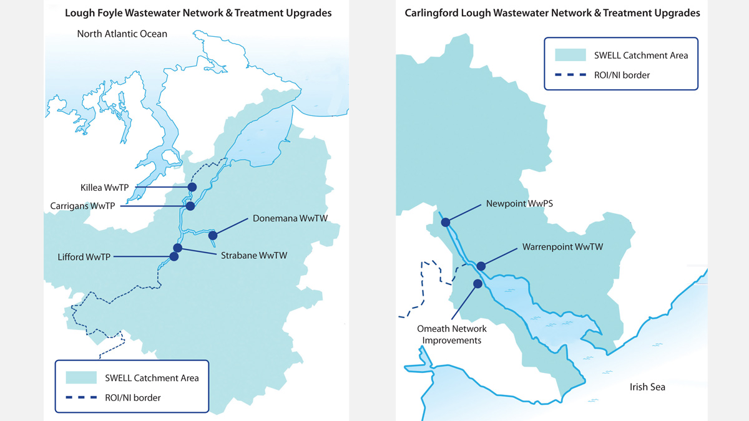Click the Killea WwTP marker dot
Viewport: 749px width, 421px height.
pyautogui.click(x=192, y=186)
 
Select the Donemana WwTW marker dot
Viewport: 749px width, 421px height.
pyautogui.click(x=213, y=235)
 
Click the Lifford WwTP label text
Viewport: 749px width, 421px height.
pyautogui.click(x=84, y=256)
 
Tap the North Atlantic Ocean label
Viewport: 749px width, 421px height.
pyautogui.click(x=122, y=34)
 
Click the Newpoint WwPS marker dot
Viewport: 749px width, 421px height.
pyautogui.click(x=446, y=222)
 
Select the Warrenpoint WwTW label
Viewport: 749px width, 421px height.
pyautogui.click(x=562, y=247)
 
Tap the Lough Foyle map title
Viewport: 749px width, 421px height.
pyautogui.click(x=198, y=12)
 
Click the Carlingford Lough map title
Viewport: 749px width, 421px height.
pyautogui.click(x=552, y=12)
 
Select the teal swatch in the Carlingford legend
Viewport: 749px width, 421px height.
pyautogui.click(x=570, y=55)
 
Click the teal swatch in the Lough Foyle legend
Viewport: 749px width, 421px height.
pyautogui.click(x=82, y=378)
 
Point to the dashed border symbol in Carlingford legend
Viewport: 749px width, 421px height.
pyautogui.click(x=570, y=75)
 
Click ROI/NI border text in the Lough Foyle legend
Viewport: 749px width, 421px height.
pyautogui.click(x=134, y=397)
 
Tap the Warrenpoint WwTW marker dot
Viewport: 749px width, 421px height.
pyautogui.click(x=481, y=266)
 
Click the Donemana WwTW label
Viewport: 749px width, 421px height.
pyautogui.click(x=290, y=218)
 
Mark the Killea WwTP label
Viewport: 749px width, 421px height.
pyautogui.click(x=103, y=186)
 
